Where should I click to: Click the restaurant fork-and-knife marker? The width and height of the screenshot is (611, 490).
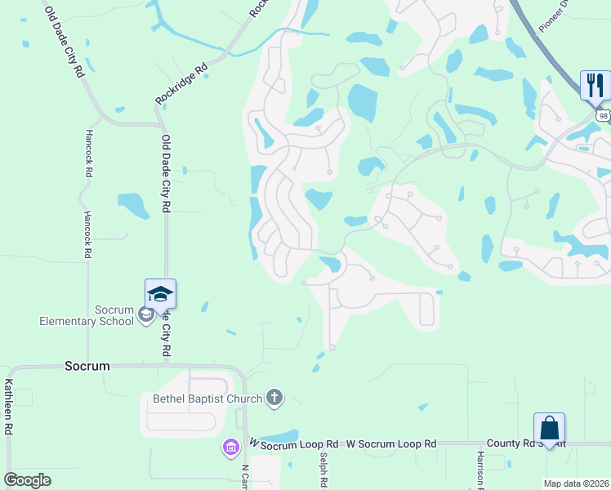595,83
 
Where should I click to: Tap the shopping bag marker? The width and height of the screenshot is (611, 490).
549,427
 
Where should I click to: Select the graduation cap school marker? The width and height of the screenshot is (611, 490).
160,293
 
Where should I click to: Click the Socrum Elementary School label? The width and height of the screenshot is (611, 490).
87,315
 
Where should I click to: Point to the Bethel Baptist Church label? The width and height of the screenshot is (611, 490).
207,399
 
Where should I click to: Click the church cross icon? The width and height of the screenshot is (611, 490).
274,399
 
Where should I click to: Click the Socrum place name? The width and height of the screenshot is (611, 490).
87,366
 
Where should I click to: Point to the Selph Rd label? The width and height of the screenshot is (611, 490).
324,470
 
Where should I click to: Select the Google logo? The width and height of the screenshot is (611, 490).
27,479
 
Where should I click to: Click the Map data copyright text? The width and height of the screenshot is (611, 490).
576,483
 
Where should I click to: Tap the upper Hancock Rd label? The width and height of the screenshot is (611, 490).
88,154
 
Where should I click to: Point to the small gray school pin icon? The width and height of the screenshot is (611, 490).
145,315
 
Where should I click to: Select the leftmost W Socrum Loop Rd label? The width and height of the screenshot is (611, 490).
293,443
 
